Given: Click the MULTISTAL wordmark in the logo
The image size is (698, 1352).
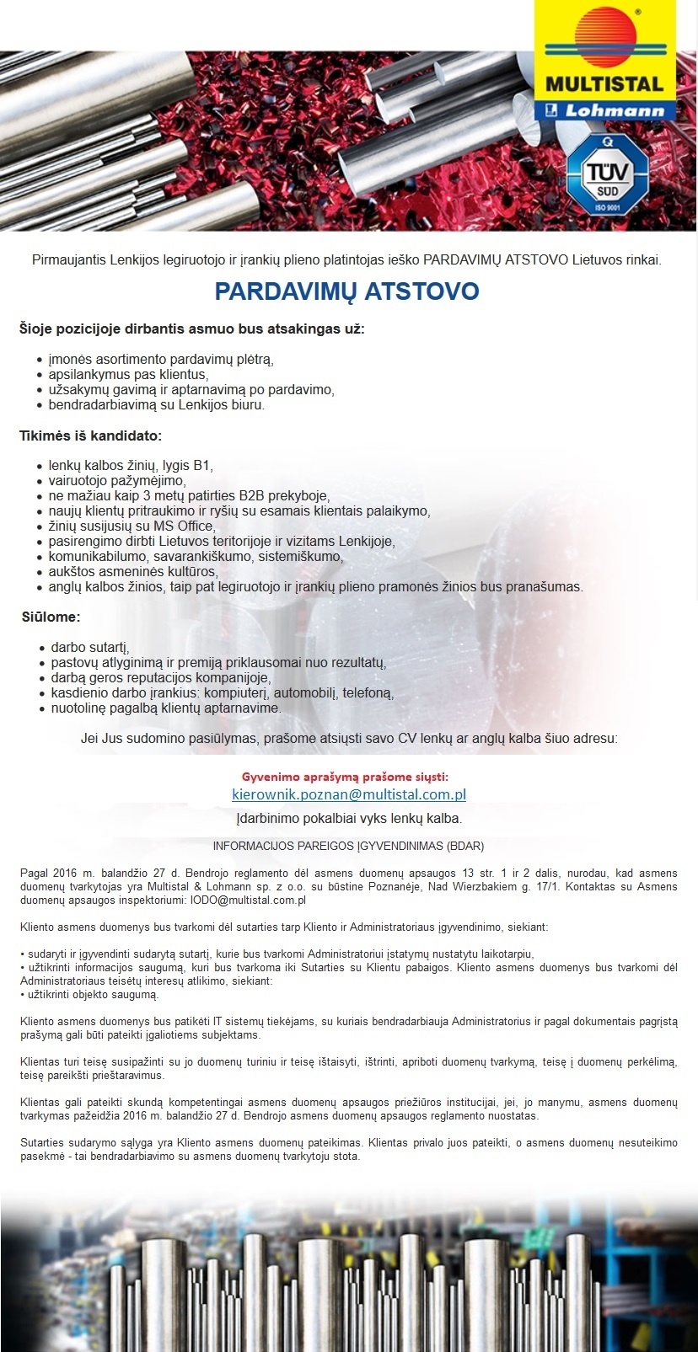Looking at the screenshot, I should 604,84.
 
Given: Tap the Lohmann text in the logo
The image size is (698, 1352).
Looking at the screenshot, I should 614,110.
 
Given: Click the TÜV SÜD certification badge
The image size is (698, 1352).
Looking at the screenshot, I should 603,177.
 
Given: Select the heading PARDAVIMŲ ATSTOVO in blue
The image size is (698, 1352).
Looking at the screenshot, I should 346,291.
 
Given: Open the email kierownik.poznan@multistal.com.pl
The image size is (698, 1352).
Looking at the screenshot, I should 349,794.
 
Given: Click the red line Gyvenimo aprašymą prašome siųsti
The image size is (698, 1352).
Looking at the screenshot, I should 345,776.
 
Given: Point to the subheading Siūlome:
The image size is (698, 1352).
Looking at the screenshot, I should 51,617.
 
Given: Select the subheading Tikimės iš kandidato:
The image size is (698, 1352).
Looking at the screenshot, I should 90,436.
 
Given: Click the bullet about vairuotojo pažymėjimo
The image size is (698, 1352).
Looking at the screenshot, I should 116,480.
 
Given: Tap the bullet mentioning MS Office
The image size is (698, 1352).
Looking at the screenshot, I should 132,526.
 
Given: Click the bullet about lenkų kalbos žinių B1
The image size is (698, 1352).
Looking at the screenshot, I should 131,465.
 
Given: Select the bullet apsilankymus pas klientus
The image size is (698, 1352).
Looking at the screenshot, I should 128,374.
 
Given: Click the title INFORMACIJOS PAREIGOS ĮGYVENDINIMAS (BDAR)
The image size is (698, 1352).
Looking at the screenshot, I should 348,845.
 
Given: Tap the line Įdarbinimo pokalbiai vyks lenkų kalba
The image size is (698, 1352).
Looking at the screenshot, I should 349,818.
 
